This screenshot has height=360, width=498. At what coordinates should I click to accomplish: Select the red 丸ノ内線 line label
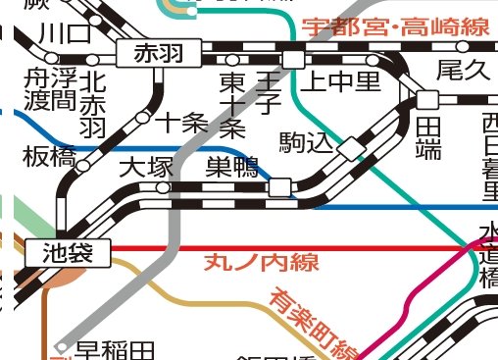pyautogui.click(x=250, y=263)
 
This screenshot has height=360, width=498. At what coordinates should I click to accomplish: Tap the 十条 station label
pyautogui.click(x=182, y=123)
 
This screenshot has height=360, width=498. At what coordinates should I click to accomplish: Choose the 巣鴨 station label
pyautogui.click(x=231, y=167)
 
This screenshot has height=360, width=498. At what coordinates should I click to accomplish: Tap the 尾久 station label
pyautogui.click(x=462, y=70)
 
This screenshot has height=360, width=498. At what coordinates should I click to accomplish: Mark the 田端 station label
pyautogui.click(x=429, y=137)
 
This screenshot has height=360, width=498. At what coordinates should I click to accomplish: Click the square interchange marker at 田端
pyautogui.click(x=426, y=99)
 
